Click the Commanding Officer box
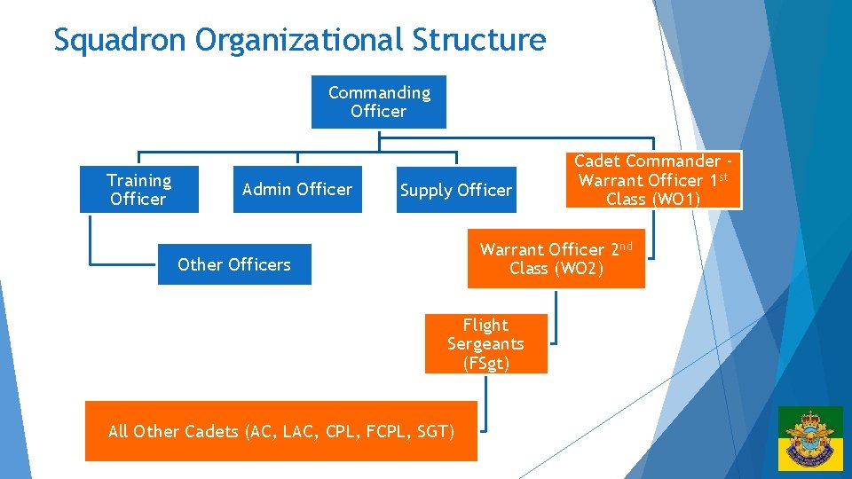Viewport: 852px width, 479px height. [x=378, y=102]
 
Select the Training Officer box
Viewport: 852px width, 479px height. [x=138, y=190]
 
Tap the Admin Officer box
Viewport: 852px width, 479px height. [x=296, y=189]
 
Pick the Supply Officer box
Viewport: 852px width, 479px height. [x=456, y=190]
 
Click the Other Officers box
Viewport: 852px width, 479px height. [x=234, y=264]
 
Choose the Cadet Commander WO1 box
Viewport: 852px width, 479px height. [x=653, y=180]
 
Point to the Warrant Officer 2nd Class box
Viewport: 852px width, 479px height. [x=556, y=259]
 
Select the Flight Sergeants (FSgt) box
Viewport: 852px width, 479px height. [x=485, y=344]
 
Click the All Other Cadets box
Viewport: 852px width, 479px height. [x=280, y=432]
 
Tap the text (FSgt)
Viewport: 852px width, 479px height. [x=485, y=363]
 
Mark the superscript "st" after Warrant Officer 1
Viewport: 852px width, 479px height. [x=722, y=177]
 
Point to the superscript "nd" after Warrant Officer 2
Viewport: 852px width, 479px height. [x=625, y=246]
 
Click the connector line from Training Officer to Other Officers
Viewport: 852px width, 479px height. [x=91, y=244]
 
